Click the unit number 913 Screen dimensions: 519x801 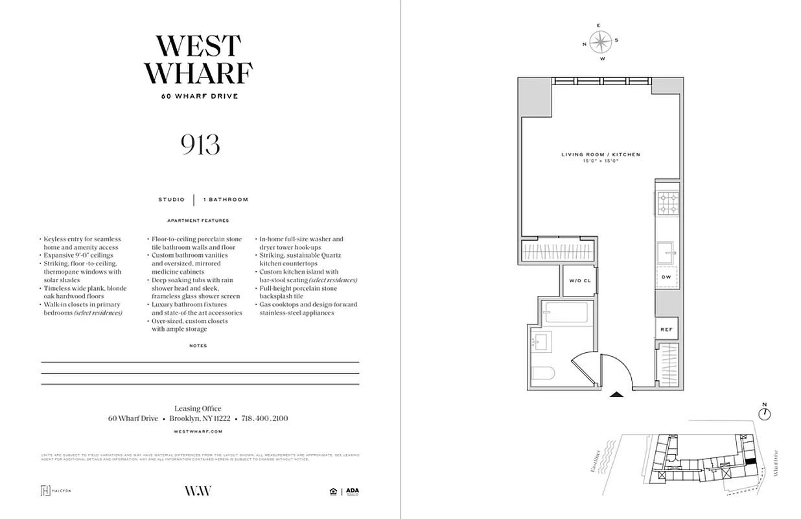(x=200, y=145)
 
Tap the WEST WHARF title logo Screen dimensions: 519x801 (x=199, y=60)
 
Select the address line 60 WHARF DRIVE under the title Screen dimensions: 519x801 (x=200, y=97)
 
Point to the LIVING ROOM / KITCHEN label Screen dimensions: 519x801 (x=600, y=154)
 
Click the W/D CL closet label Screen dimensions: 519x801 (x=580, y=281)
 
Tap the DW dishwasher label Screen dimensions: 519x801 (x=666, y=277)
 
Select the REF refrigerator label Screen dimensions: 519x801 (x=666, y=330)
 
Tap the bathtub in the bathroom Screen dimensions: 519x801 (x=566, y=313)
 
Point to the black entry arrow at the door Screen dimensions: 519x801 (x=617, y=393)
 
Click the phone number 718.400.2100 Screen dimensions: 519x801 (x=264, y=418)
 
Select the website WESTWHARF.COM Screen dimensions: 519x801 (x=198, y=431)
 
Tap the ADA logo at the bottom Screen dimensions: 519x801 (x=352, y=491)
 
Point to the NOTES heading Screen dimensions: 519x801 (x=198, y=346)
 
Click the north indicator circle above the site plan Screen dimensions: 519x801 (x=765, y=414)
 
